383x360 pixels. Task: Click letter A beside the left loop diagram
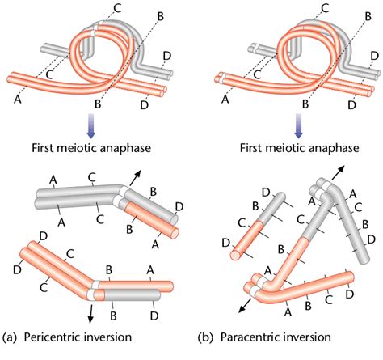pyautogui.click(x=16, y=101)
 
